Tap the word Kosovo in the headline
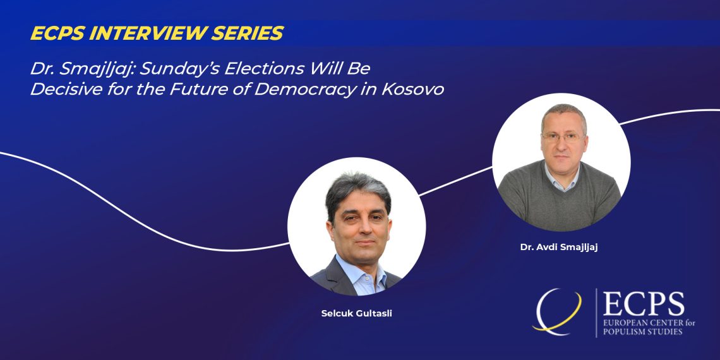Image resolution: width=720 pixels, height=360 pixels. click(413, 89)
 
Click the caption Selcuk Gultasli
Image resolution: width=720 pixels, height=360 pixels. click(356, 315)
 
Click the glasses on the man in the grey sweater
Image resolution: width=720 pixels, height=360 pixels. click(563, 137)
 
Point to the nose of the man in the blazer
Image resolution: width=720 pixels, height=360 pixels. click(362, 228)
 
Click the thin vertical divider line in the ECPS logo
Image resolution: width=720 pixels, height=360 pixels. click(596, 313)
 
